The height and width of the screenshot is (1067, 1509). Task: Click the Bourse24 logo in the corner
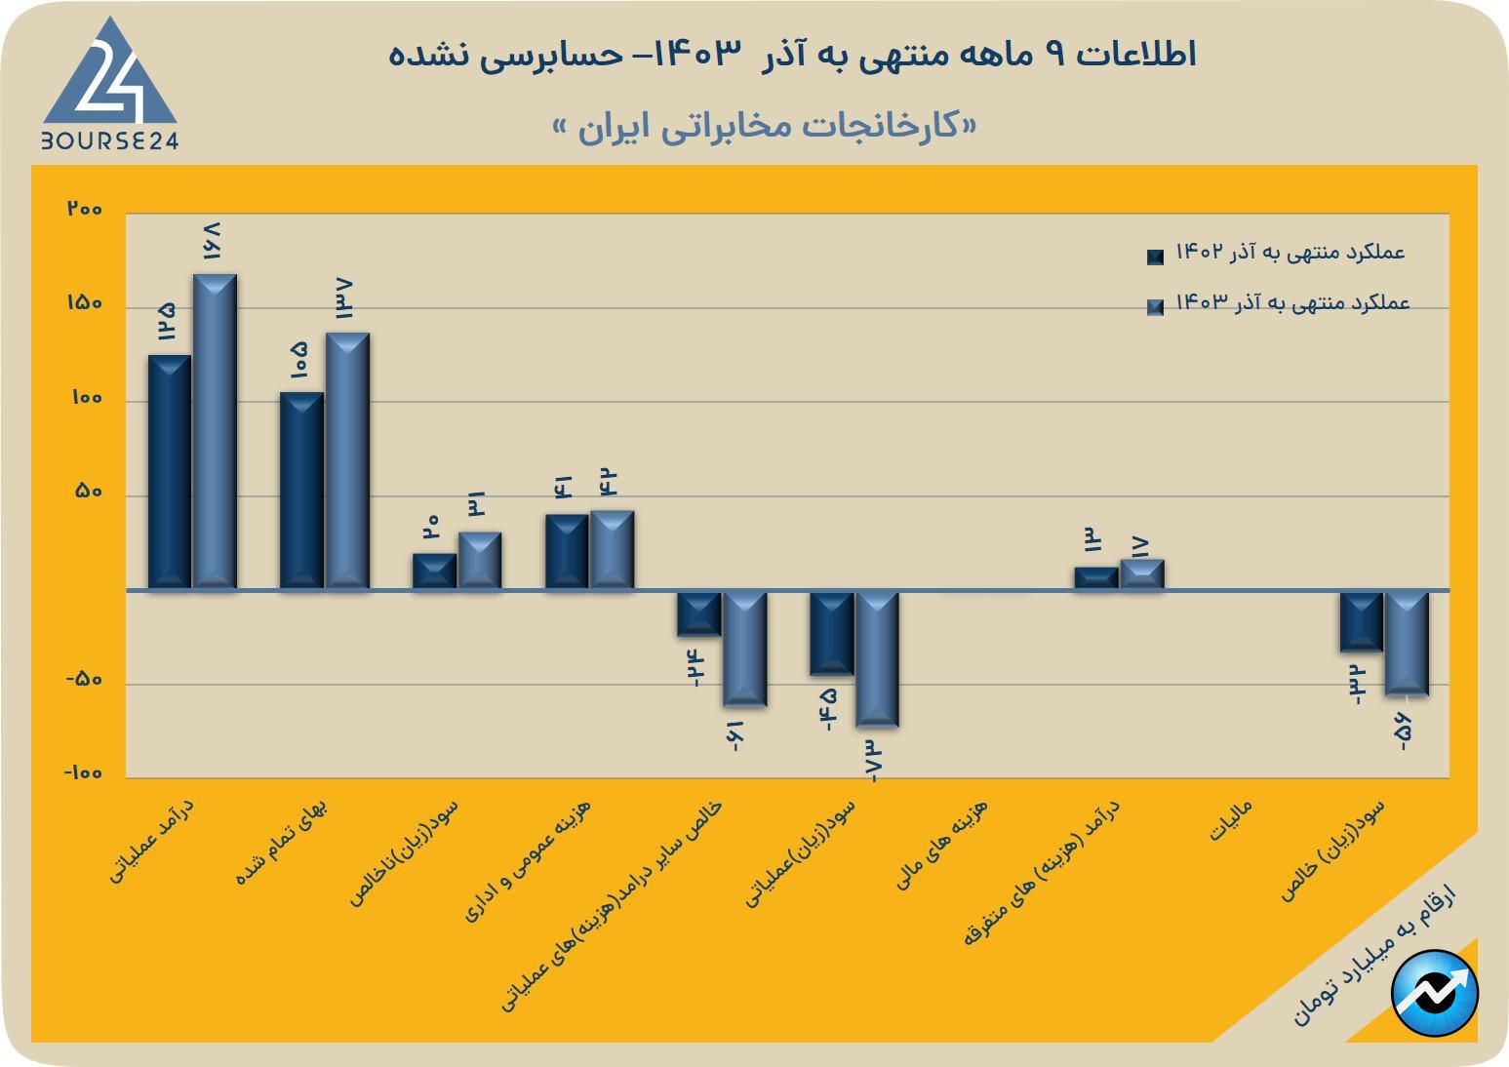point(109,86)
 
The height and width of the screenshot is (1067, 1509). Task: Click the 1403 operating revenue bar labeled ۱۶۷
point(215,431)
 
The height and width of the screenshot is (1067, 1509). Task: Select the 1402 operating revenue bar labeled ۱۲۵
point(169,472)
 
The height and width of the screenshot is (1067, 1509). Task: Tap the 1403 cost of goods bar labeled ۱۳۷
point(347,460)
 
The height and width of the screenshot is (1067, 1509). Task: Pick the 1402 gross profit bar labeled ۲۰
point(434,572)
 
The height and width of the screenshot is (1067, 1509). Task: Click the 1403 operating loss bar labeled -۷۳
point(877,659)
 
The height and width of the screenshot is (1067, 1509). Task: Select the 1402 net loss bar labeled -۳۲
point(1361,621)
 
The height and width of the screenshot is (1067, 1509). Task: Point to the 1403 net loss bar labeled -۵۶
point(1407,644)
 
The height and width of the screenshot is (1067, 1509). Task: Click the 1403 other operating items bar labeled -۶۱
point(744,649)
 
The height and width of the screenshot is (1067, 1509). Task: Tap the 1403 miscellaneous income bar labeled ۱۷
point(1141,574)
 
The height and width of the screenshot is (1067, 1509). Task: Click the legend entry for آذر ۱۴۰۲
point(1278,254)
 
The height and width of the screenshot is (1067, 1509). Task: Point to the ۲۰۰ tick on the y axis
point(85,210)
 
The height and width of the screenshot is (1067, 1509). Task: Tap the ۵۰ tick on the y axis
point(88,493)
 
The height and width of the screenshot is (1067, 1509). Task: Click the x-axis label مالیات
point(1231,821)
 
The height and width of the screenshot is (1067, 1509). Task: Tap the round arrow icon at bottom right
point(1434,993)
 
